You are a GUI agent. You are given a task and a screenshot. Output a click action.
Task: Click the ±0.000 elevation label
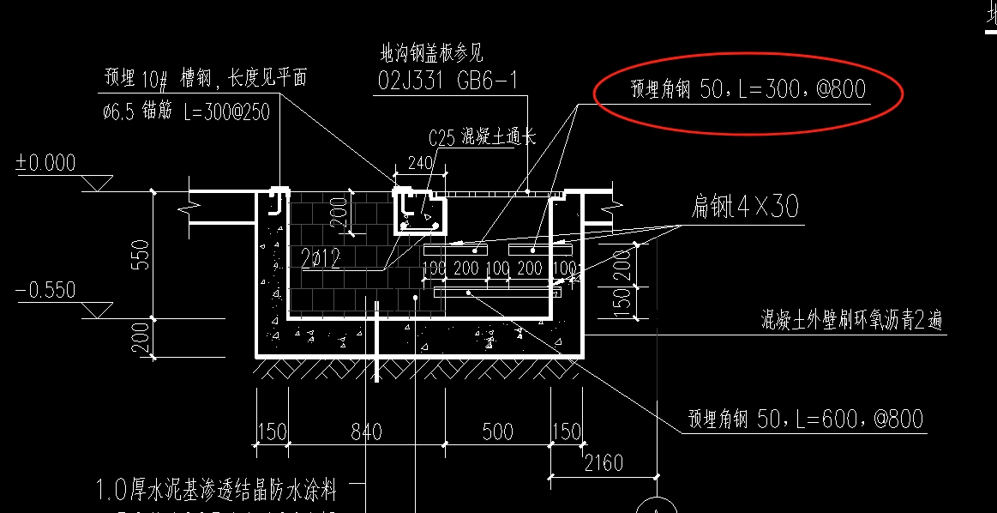point(45,163)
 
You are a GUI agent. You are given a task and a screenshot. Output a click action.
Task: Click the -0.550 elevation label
point(45,290)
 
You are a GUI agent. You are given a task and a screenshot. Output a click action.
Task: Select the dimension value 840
point(366,431)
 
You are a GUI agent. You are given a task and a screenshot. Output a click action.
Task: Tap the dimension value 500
point(497,431)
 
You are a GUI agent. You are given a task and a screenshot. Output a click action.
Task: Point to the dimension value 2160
point(603,464)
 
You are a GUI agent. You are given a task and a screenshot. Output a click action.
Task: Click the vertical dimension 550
point(140,254)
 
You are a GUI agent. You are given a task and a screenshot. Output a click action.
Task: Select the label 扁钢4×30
point(745,207)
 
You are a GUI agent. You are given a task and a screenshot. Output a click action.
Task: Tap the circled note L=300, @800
point(748,89)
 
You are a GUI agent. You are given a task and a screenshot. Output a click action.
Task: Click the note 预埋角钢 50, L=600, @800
point(805,419)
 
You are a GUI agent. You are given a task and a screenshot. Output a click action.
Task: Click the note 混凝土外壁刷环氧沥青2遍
point(852,320)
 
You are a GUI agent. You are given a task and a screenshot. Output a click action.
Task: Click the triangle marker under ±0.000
point(96,183)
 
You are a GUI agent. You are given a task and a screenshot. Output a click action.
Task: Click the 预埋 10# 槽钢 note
point(205,78)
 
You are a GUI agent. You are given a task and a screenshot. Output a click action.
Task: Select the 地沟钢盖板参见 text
point(431,53)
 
